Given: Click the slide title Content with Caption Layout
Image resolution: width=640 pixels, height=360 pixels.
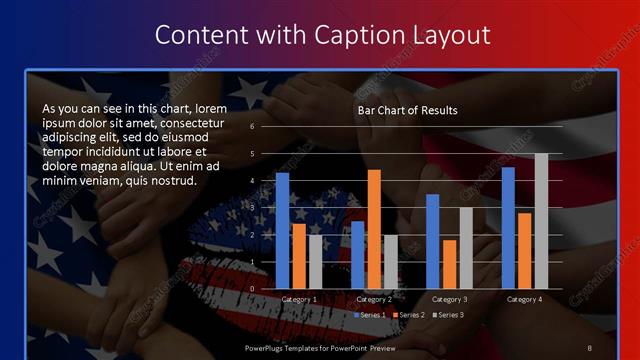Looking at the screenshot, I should click(x=321, y=35).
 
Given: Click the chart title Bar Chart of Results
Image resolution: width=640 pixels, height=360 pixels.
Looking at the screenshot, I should click(x=407, y=110).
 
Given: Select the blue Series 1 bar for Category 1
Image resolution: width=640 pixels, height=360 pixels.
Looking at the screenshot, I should click(x=283, y=230).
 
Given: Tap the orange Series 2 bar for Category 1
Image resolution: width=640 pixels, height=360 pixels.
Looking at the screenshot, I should click(x=299, y=256).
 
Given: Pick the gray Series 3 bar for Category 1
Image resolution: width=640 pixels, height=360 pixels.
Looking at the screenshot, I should click(x=315, y=261).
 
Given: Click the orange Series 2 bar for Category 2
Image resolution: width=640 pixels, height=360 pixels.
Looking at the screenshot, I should click(x=374, y=229).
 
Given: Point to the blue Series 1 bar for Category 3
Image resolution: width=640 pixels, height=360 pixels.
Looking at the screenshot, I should click(x=433, y=241).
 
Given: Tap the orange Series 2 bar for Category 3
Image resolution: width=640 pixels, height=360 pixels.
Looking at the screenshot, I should click(x=449, y=264).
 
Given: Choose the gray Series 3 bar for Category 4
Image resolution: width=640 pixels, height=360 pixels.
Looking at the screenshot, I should click(x=541, y=221).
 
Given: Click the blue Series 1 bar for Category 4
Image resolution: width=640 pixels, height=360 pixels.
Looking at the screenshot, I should click(x=508, y=227).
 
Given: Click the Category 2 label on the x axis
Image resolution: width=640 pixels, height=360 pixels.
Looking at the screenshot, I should click(x=374, y=299).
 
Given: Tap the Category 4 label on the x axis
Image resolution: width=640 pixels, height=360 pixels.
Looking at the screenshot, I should click(x=524, y=299).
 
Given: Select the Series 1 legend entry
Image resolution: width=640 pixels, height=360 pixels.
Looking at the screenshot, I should click(x=371, y=315).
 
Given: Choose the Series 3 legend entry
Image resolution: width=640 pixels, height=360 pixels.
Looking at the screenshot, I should click(x=446, y=315).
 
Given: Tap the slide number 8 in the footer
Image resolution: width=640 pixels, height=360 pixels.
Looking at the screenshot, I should click(x=590, y=346).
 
